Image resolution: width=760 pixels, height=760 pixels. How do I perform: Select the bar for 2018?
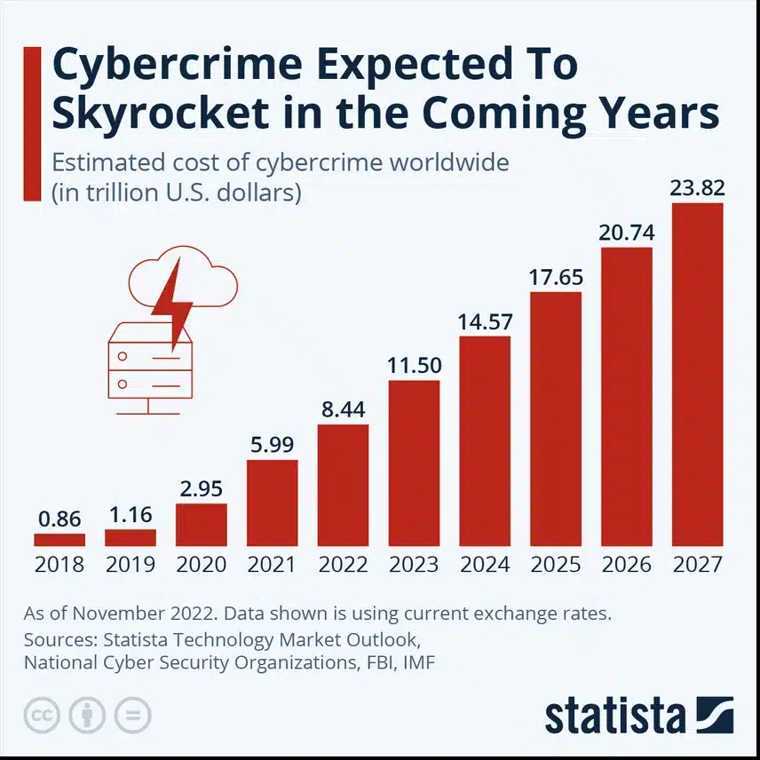pyautogui.click(x=59, y=539)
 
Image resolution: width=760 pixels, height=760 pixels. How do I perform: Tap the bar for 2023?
pyautogui.click(x=414, y=463)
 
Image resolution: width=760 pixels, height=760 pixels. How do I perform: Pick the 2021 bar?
pyautogui.click(x=273, y=503)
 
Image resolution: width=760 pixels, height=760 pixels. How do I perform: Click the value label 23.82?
pyautogui.click(x=698, y=188)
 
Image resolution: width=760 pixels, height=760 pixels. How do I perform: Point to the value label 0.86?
pyautogui.click(x=59, y=518)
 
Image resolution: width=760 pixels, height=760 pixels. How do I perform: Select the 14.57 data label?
pyautogui.click(x=485, y=321)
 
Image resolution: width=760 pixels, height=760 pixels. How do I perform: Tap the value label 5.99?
pyautogui.click(x=273, y=445)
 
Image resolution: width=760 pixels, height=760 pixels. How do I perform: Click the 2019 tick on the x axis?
pyautogui.click(x=131, y=564)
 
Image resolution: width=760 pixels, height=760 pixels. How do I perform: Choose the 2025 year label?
pyautogui.click(x=556, y=564)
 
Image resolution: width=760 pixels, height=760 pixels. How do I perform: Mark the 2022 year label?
pyautogui.click(x=343, y=564)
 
